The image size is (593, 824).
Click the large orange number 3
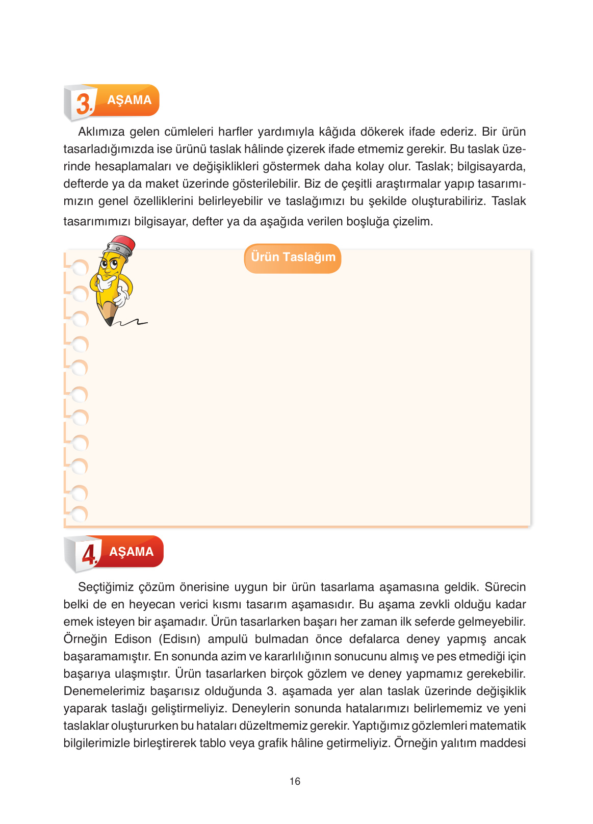[x=84, y=103]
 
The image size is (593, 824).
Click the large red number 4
[x=89, y=554]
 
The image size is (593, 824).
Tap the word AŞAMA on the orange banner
[x=130, y=100]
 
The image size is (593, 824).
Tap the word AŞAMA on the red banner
[x=132, y=552]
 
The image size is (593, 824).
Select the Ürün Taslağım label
[x=293, y=257]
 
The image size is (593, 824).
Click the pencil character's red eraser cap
[x=123, y=245]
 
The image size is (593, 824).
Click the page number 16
[x=295, y=781]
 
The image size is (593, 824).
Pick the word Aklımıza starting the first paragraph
[x=101, y=132]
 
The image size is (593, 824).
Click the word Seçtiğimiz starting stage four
[x=106, y=587]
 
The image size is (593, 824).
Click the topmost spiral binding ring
[x=80, y=268]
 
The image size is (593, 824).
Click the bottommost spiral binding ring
[x=80, y=514]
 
